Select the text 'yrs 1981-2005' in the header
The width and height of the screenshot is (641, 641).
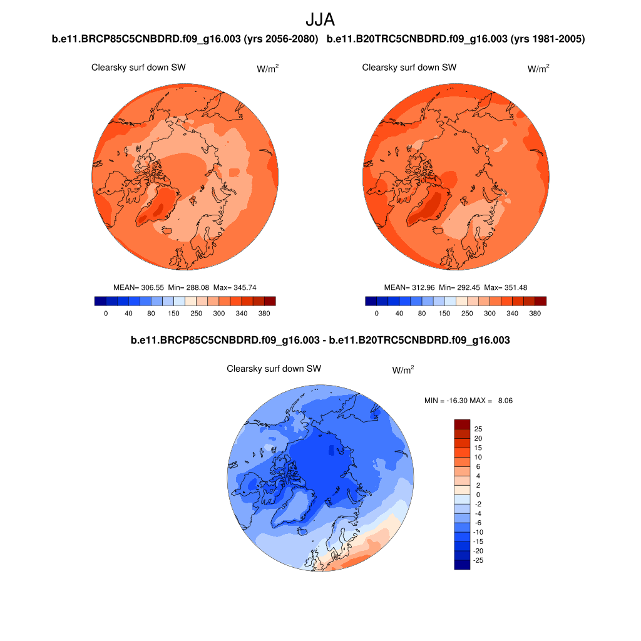(548, 39)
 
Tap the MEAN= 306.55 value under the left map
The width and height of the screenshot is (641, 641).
(138, 287)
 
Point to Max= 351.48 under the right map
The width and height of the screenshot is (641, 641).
(506, 287)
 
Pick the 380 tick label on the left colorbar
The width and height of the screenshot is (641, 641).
(264, 314)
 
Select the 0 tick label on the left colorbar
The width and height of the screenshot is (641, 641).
(106, 314)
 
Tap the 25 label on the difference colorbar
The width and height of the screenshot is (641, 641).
(478, 429)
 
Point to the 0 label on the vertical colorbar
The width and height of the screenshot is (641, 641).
(477, 495)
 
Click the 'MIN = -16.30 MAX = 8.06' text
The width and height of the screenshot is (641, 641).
(468, 400)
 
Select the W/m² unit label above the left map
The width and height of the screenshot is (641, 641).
(267, 68)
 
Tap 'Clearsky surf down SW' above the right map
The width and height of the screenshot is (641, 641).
(409, 68)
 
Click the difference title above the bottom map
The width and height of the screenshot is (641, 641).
(320, 341)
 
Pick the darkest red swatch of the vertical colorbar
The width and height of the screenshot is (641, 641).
(461, 424)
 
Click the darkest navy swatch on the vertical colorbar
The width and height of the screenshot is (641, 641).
(461, 565)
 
